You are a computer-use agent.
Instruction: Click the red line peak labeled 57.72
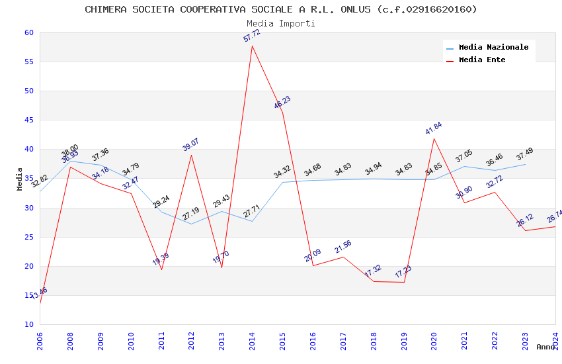(252, 45)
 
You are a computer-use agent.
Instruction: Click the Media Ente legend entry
(481, 60)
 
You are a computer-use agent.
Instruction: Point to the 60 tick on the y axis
(28, 32)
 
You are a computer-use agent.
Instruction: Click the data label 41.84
(434, 128)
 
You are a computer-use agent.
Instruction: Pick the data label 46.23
(282, 103)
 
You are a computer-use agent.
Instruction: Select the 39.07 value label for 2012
(191, 145)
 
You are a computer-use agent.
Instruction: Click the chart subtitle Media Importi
(281, 23)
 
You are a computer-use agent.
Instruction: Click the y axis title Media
(20, 179)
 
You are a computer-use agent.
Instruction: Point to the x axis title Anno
(545, 347)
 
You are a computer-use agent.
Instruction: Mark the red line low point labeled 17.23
(403, 283)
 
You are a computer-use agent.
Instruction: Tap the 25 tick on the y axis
(28, 237)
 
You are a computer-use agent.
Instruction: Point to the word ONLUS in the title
(358, 9)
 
